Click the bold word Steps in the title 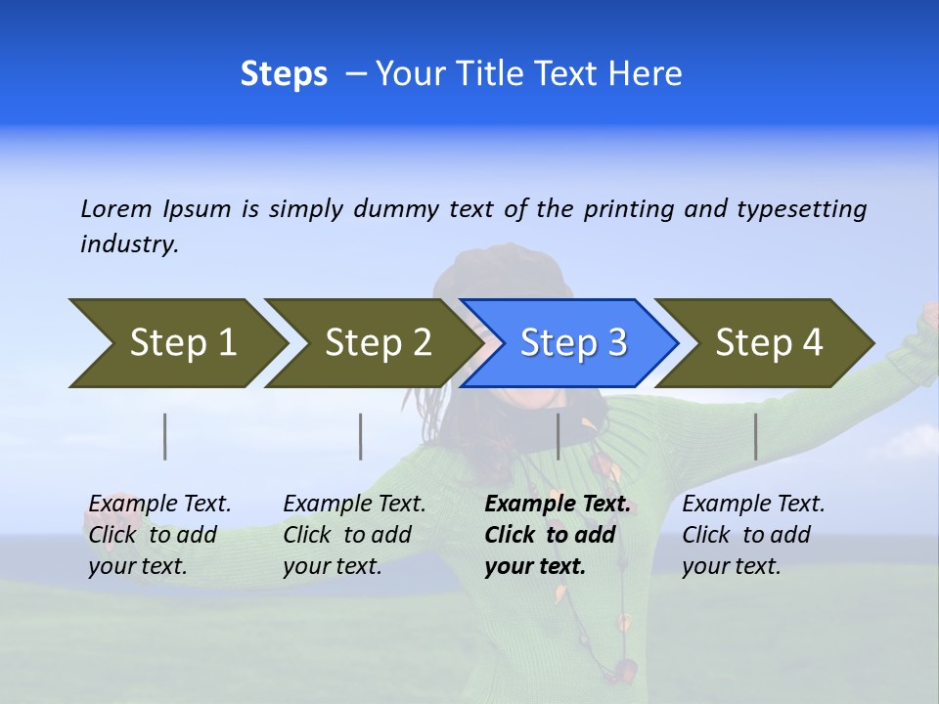coord(284,74)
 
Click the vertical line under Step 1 coord(165,436)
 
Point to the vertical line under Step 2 coord(361,436)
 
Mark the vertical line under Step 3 coord(558,436)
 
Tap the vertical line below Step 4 coord(756,436)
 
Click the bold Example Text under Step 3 coord(558,505)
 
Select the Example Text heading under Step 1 coord(160,505)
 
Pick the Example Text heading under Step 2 coord(355,505)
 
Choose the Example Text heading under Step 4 coord(754,505)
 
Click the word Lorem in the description coord(116,208)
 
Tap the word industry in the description coord(129,244)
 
